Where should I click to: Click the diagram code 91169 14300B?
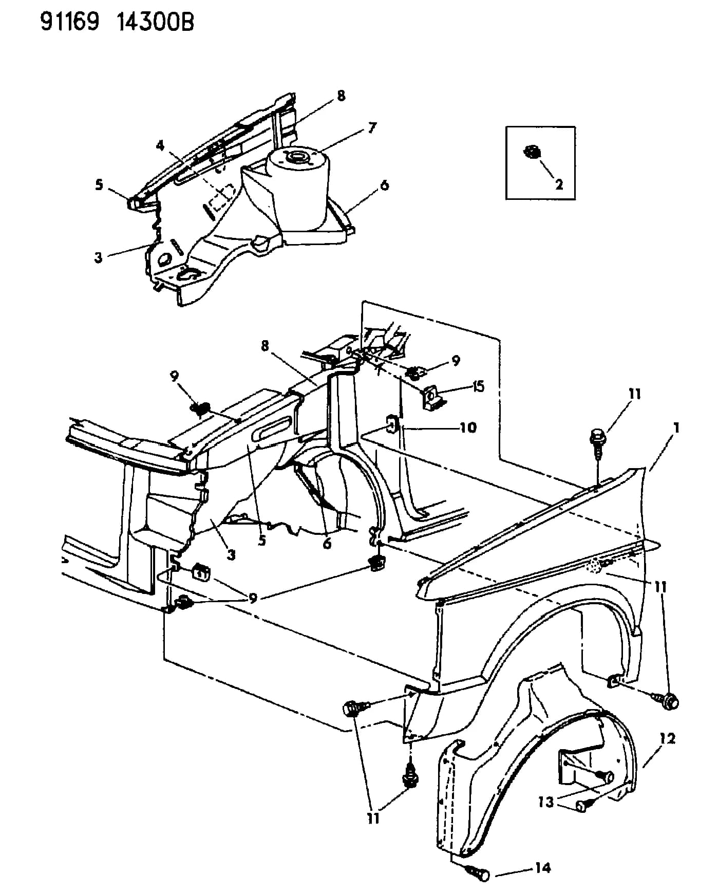(118, 23)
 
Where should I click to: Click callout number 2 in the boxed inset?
(559, 183)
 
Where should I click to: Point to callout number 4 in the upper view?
(161, 145)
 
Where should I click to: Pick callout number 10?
(468, 427)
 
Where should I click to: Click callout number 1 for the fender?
(677, 427)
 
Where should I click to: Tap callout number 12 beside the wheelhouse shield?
(668, 739)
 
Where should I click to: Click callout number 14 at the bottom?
(542, 868)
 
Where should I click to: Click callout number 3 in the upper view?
(98, 257)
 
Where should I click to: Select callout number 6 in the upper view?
(384, 184)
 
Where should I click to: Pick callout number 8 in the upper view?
(341, 96)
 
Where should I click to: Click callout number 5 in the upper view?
(99, 184)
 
